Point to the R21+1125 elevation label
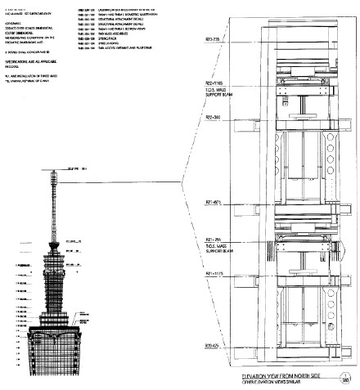coord(215,272)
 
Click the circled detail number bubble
coord(347,377)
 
